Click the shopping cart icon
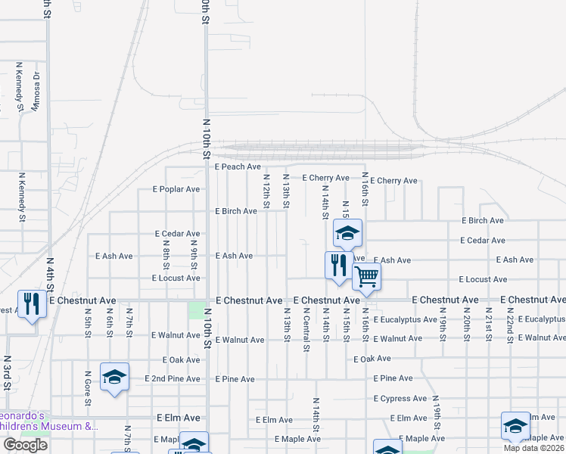pos(366,276)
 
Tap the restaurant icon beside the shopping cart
pos(337,265)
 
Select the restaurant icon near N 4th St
pos(30,304)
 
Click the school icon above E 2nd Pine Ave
pos(114,376)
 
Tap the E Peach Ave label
pos(238,166)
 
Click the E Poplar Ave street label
pos(176,189)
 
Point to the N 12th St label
pos(266,191)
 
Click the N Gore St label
pos(88,387)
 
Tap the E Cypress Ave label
pos(400,399)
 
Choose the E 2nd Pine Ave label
pos(175,378)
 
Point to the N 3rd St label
pos(7,372)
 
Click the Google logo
pos(25,445)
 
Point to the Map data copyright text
pos(533,448)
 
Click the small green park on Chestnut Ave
pos(196,310)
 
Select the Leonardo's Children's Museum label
pos(48,421)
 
